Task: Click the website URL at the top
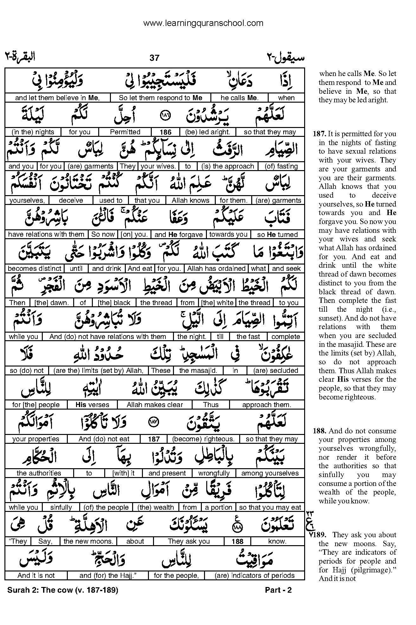click(203, 23)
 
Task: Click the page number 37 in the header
click(154, 58)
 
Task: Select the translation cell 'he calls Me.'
click(240, 98)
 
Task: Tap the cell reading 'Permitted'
click(125, 132)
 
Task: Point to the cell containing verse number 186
click(166, 132)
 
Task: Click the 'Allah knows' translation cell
click(190, 201)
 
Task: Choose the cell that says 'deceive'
click(71, 201)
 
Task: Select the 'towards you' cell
click(228, 234)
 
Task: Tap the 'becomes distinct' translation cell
click(35, 269)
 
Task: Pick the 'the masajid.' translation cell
click(198, 371)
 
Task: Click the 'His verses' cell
click(92, 405)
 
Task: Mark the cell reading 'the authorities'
click(39, 473)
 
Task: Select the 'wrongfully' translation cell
click(214, 473)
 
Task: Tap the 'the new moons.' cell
click(88, 541)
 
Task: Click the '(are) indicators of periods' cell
click(254, 576)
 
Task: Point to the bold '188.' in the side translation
click(320, 431)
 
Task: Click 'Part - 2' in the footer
click(278, 590)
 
